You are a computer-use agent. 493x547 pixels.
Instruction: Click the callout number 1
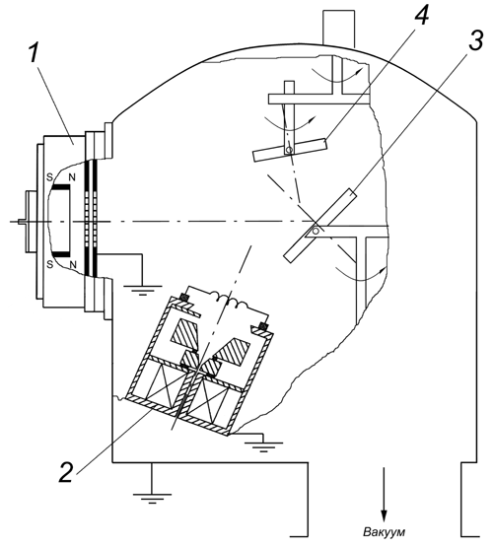coord(34,54)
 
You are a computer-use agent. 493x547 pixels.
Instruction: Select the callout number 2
coord(66,472)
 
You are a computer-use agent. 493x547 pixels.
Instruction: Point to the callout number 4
coord(421,15)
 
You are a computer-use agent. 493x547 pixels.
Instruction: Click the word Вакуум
coord(385,532)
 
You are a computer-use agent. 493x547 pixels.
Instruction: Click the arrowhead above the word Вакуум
coord(384,515)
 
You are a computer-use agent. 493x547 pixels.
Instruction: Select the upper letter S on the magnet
coord(50,177)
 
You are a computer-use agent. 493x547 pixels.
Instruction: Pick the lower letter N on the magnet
coord(73,264)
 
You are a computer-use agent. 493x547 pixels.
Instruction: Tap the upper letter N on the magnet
coord(72,177)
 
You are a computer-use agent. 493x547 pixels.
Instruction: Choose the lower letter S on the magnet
coord(50,264)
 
